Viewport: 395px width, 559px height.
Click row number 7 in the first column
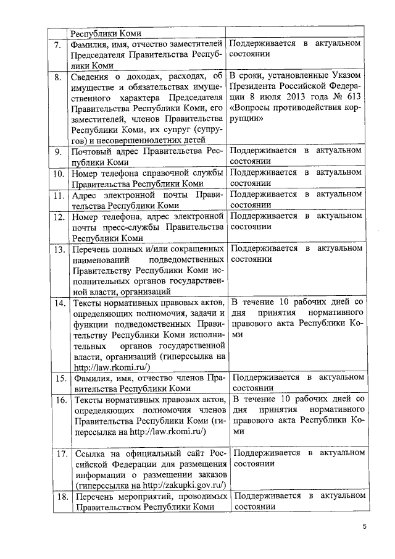[x=57, y=45]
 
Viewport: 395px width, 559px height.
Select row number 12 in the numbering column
[x=59, y=217]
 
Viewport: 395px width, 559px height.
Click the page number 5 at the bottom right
[x=364, y=527]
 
